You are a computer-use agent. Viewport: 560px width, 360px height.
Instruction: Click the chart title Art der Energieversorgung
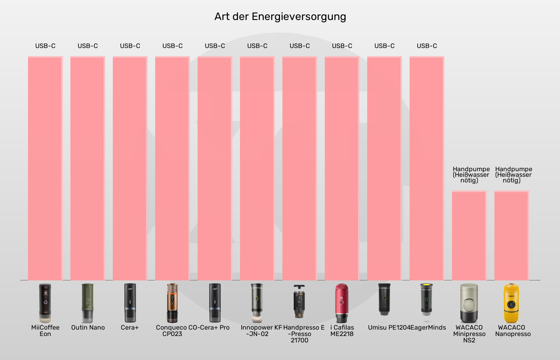click(x=280, y=16)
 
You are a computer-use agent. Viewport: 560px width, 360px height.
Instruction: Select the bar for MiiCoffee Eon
click(x=45, y=168)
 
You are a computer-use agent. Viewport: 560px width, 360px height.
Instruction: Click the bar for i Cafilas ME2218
click(x=342, y=168)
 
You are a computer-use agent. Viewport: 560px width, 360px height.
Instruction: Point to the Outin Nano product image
click(x=88, y=303)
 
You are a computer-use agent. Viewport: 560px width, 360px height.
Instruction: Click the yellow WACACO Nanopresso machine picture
click(x=511, y=303)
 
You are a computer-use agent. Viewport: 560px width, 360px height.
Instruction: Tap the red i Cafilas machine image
click(x=342, y=303)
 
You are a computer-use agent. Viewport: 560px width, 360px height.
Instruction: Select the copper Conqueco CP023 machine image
click(x=172, y=303)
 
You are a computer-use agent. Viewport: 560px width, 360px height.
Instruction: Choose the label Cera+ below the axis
click(x=130, y=328)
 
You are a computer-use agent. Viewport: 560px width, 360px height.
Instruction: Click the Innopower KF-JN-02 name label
click(x=261, y=330)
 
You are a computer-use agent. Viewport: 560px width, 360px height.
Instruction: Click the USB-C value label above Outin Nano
click(x=88, y=46)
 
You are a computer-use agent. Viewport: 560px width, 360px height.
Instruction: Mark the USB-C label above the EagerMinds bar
click(x=427, y=46)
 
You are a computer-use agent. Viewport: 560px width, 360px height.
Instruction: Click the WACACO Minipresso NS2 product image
click(x=469, y=303)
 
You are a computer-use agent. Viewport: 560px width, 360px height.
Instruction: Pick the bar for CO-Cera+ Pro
click(x=215, y=168)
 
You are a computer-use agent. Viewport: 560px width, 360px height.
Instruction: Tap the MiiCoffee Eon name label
click(x=45, y=330)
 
